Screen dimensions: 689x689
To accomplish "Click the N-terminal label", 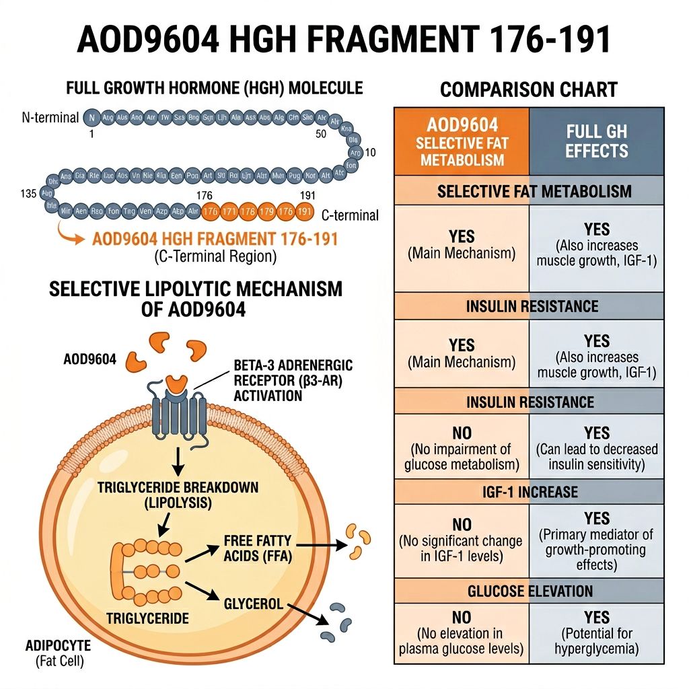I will (50, 117).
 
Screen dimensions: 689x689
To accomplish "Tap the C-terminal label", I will (350, 215).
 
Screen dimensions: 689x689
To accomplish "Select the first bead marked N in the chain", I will (92, 117).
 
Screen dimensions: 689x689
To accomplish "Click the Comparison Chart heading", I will (528, 89).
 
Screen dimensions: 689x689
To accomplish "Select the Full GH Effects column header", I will (597, 141).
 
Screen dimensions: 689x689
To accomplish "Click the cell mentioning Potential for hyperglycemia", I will (597, 632).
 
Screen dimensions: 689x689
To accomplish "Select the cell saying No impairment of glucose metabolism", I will (462, 448).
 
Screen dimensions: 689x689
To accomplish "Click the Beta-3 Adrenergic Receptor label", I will (293, 379).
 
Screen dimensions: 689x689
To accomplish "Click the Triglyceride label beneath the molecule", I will (147, 617).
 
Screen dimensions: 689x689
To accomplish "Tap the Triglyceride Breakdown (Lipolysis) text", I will (177, 494).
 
